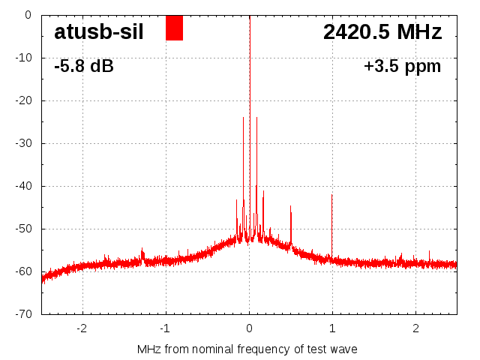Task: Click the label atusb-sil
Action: coord(99,32)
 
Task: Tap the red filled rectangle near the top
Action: coord(174,28)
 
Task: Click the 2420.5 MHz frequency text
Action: coord(382,32)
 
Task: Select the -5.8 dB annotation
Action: coord(84,66)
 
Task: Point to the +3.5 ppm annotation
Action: coord(402,66)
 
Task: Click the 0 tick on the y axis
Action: coord(27,15)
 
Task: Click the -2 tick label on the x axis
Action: coord(82,328)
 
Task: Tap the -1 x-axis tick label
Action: coord(165,328)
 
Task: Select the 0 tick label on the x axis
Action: coord(249,328)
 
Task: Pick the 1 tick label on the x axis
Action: coord(332,328)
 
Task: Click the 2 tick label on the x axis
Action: coord(415,328)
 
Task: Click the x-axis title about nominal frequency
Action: coord(247,349)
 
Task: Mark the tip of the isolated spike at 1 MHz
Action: coord(331,195)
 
